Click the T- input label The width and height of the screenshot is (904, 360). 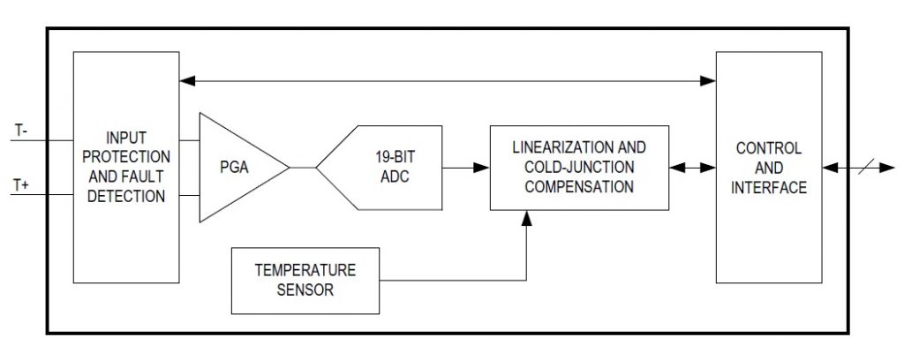click(20, 131)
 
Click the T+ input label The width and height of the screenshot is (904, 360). click(21, 183)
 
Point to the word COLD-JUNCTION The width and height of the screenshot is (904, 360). click(578, 167)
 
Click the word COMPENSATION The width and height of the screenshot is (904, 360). click(578, 186)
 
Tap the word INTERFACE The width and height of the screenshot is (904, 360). click(768, 186)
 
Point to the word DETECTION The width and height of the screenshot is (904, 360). click(126, 196)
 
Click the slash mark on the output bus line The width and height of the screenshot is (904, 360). click(859, 167)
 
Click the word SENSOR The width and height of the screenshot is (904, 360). click(305, 289)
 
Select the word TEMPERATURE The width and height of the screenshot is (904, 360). click(305, 270)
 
